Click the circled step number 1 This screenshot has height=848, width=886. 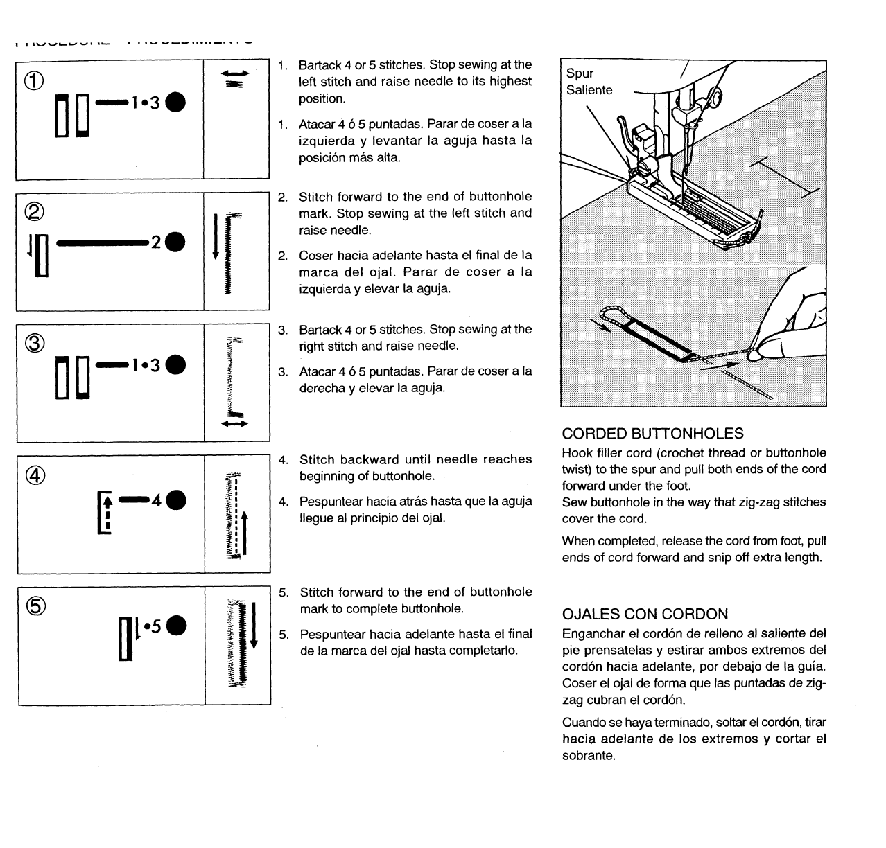click(35, 82)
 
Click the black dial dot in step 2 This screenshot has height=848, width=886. click(175, 242)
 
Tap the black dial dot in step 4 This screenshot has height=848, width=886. click(176, 499)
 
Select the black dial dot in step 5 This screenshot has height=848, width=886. click(176, 626)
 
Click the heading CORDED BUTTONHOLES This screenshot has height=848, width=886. click(652, 434)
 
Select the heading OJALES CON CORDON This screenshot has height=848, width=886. click(645, 614)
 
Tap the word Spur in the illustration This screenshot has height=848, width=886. click(580, 73)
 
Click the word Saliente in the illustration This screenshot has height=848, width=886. click(589, 90)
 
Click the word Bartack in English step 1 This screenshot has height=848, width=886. click(319, 65)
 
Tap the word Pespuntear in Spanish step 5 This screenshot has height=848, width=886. click(330, 634)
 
